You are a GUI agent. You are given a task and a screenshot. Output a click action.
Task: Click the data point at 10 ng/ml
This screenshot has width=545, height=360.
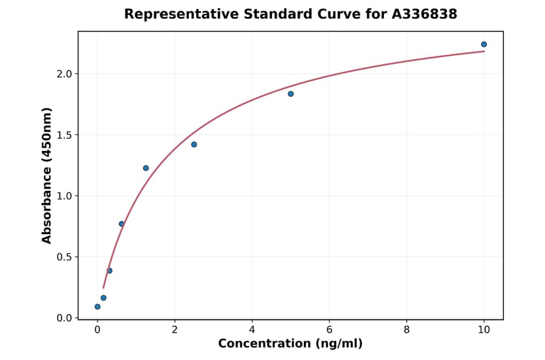[x=484, y=44]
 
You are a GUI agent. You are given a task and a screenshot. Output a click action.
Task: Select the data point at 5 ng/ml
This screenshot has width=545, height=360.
[x=291, y=94]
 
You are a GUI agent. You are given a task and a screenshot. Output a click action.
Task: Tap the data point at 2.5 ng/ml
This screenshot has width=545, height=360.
[x=194, y=144]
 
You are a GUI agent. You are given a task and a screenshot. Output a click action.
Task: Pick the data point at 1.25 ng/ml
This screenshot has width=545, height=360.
[x=146, y=168]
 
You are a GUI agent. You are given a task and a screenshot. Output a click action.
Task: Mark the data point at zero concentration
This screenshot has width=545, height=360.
[x=97, y=307]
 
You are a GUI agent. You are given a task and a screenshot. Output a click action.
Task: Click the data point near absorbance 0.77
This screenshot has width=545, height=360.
[x=122, y=224]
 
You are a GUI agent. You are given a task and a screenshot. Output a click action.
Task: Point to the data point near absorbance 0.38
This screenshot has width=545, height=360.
[x=110, y=271]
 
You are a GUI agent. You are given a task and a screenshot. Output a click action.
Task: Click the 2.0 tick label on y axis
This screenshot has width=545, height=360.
[x=64, y=74]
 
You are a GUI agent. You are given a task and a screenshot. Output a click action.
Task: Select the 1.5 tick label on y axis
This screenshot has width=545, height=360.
[x=64, y=135]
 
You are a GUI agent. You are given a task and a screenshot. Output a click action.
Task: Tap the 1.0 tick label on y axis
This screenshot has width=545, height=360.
[x=64, y=196]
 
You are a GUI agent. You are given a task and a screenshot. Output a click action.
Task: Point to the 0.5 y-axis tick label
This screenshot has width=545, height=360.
[x=64, y=257]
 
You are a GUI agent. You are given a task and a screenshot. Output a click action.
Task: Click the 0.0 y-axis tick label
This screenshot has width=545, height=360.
[x=64, y=318]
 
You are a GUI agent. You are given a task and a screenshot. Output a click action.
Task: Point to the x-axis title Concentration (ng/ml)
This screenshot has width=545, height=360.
[x=290, y=344]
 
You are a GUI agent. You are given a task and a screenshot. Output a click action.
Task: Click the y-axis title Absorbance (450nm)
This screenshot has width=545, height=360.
[x=47, y=176]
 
